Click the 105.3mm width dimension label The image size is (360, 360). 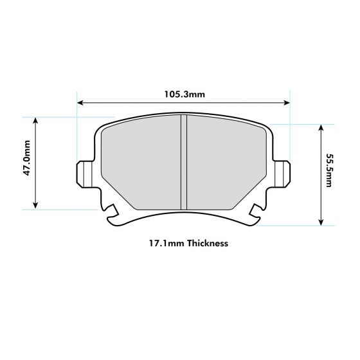(x=184, y=94)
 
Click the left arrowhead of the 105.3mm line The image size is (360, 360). (x=80, y=102)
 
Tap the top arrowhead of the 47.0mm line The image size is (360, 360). (x=37, y=120)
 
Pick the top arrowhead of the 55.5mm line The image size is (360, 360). (x=319, y=127)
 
